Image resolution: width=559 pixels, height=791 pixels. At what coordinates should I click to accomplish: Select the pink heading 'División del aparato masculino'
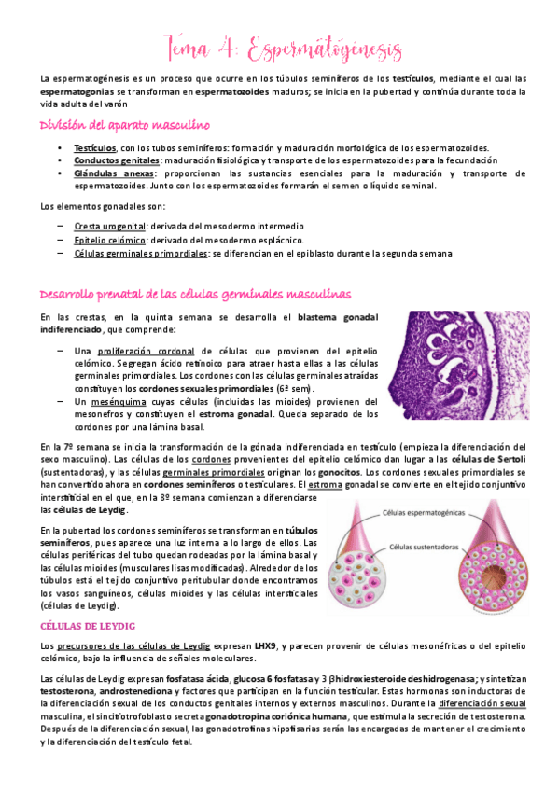(123, 124)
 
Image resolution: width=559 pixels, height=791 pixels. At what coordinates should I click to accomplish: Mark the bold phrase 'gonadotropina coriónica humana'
(296, 715)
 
